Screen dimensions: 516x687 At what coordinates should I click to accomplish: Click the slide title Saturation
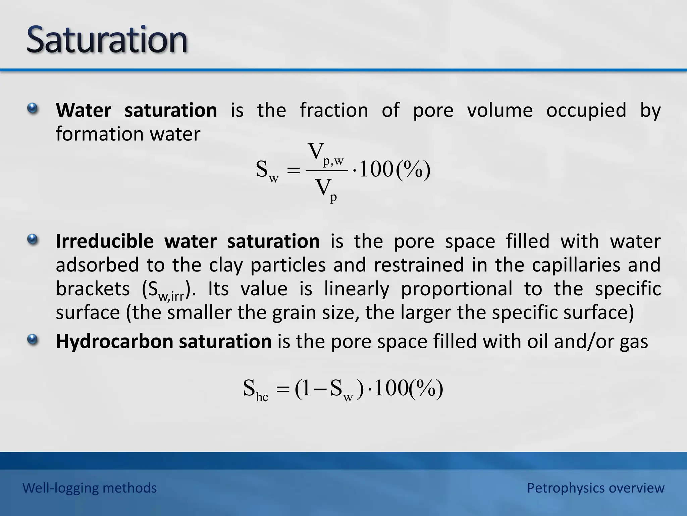tap(107, 40)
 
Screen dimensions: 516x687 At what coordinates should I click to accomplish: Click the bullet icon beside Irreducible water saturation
tap(33, 240)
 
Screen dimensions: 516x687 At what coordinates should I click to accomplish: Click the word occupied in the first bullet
tap(586, 110)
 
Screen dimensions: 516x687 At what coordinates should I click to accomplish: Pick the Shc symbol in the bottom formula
tap(255, 390)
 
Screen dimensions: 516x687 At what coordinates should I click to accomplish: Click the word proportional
tap(457, 289)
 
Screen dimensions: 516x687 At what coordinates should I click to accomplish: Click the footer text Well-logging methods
tap(90, 488)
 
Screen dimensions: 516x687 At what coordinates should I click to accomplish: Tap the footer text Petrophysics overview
tap(595, 488)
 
